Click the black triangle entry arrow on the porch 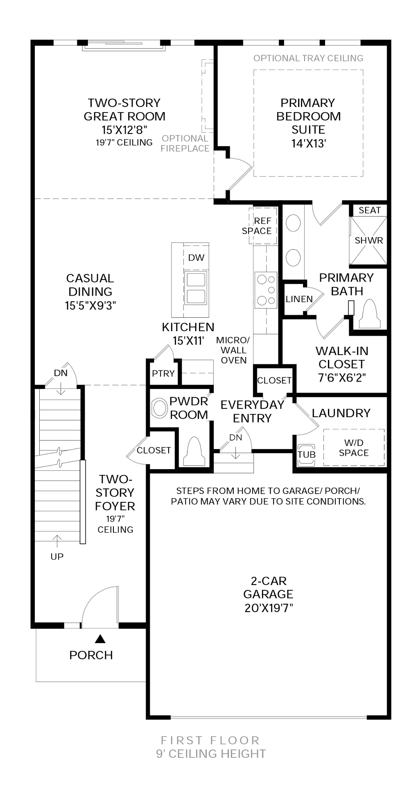[100, 639]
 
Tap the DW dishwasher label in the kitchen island [196, 257]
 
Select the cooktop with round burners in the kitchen [266, 290]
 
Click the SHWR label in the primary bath [369, 240]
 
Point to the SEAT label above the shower [369, 210]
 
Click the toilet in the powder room [194, 452]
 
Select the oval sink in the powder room [160, 408]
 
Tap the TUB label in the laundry [306, 455]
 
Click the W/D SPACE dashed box [354, 447]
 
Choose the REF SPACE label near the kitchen [257, 226]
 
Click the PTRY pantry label [163, 373]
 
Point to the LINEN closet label [299, 299]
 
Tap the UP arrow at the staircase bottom [57, 540]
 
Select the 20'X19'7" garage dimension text [268, 608]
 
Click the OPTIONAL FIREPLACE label [185, 144]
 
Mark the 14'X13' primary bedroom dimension [308, 143]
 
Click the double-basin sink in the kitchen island [196, 288]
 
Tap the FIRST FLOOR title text [210, 740]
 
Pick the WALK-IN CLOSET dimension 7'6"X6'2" [341, 377]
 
